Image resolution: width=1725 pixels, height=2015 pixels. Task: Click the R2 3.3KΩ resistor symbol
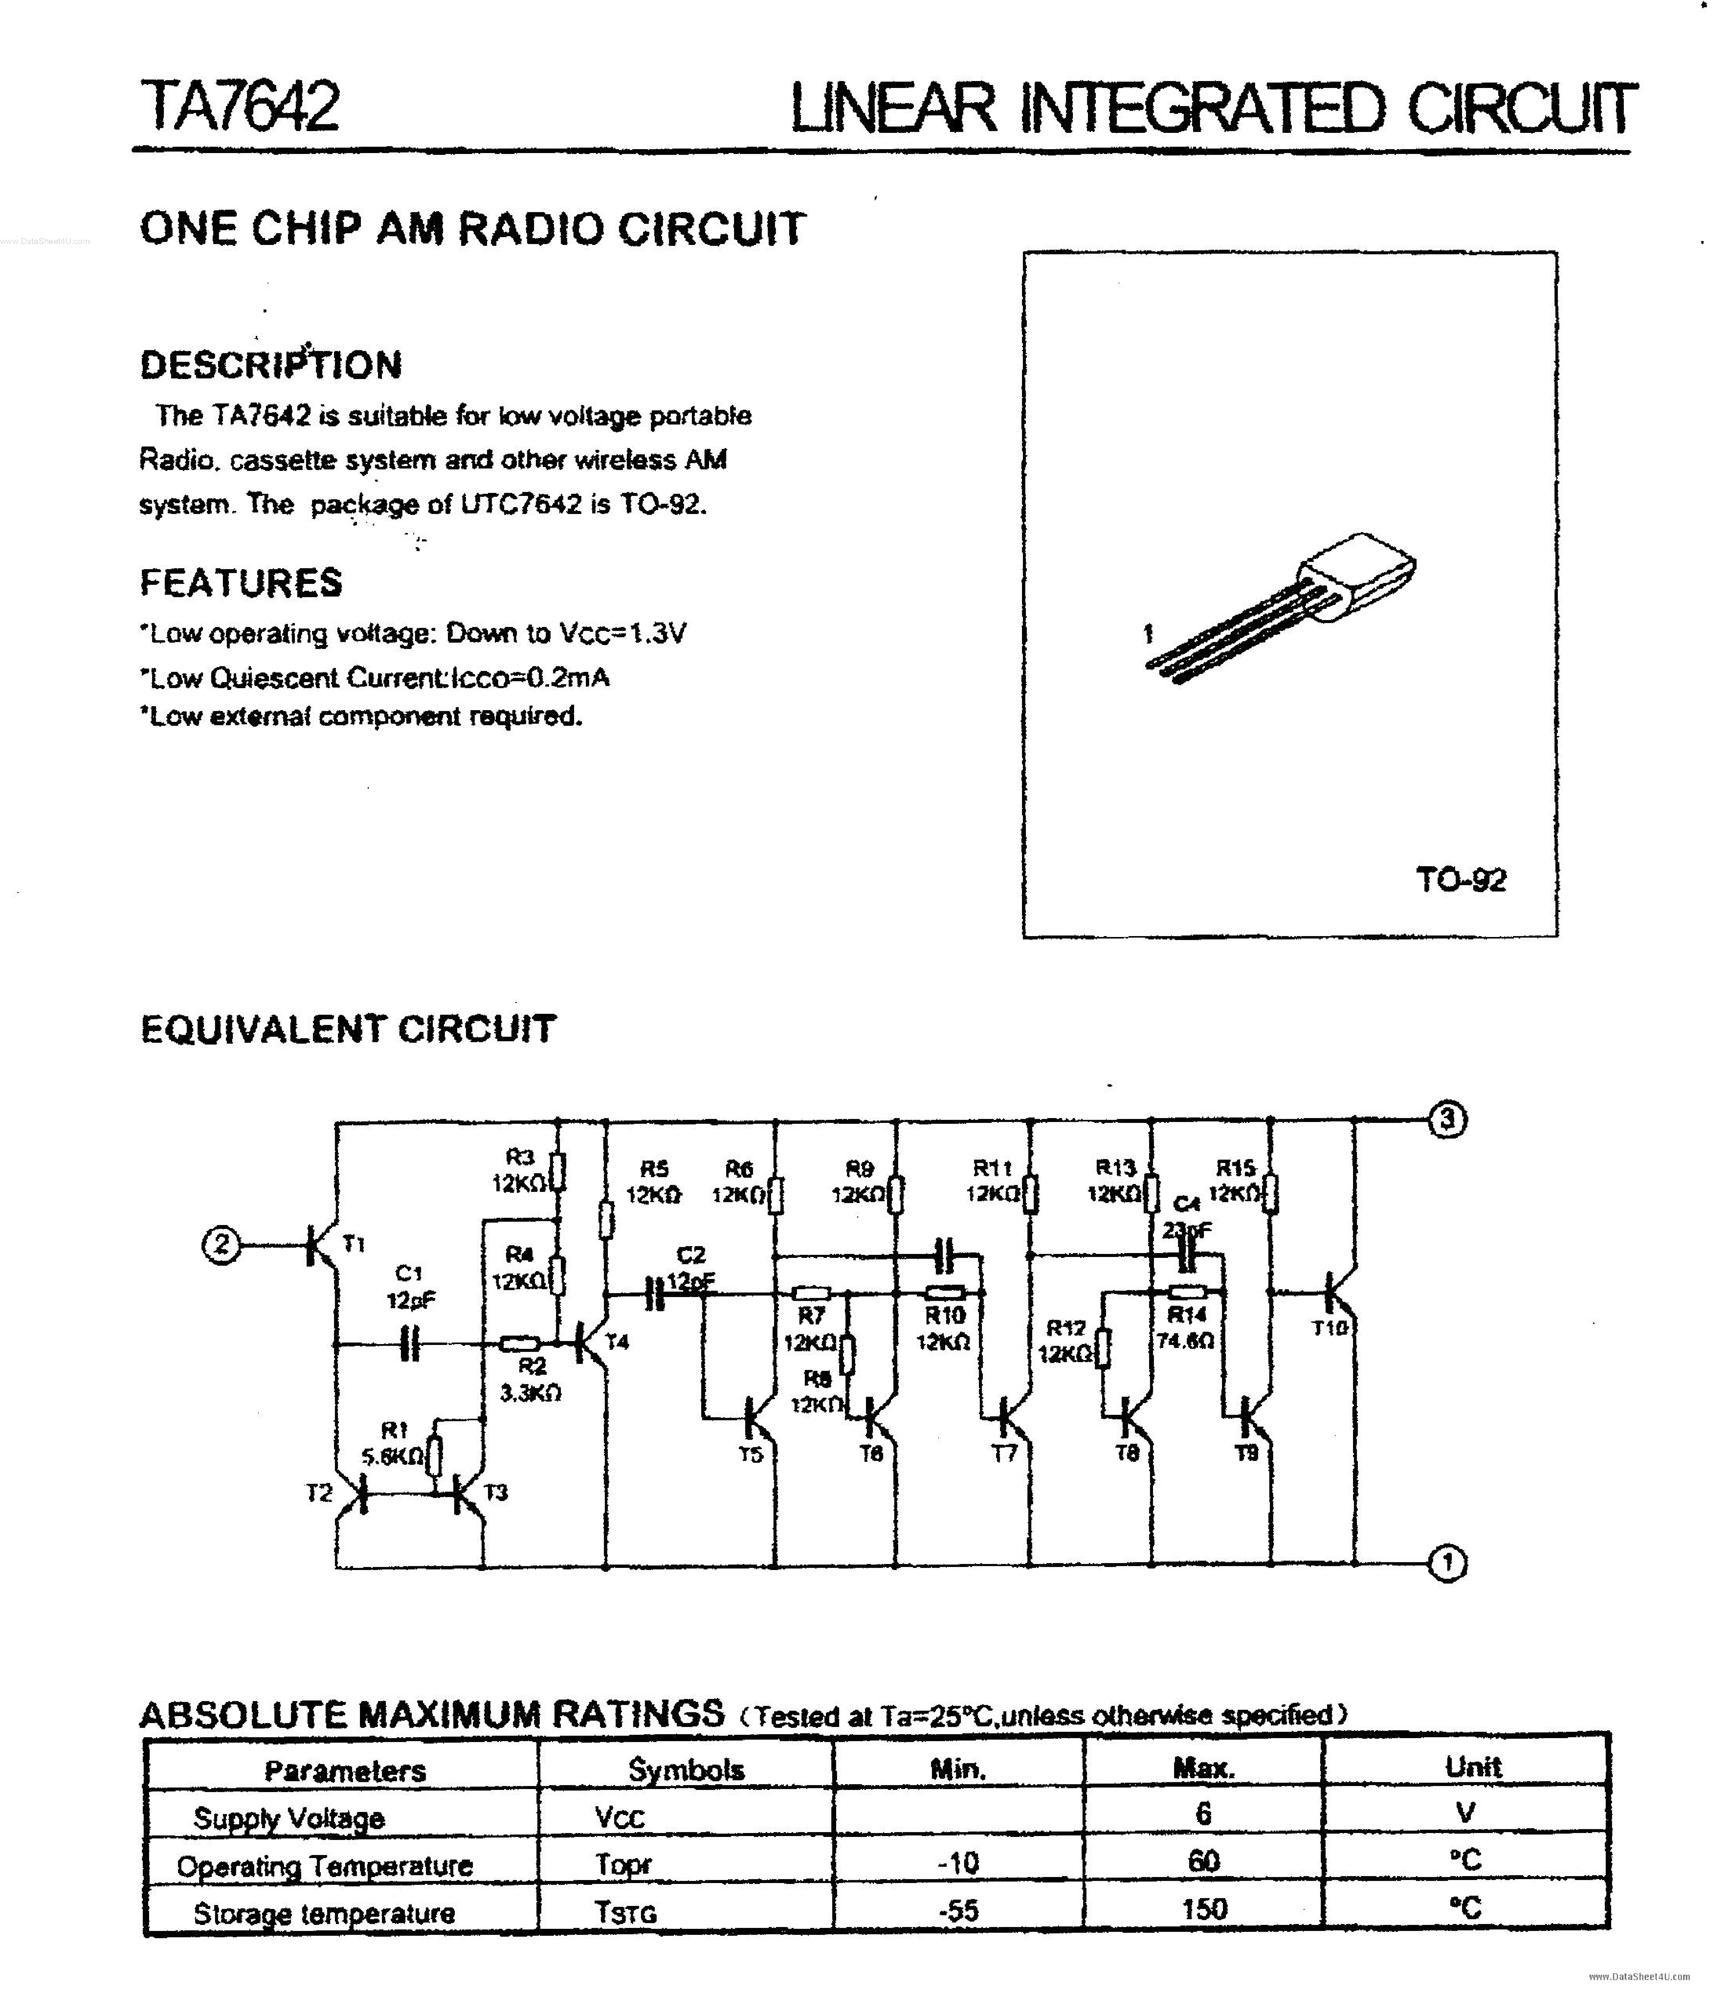pyautogui.click(x=520, y=1345)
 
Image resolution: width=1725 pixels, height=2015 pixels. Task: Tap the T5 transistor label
pyautogui.click(x=750, y=1456)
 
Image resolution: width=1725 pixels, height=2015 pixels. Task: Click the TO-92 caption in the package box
pyautogui.click(x=1461, y=880)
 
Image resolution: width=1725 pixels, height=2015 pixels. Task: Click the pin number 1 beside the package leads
pyautogui.click(x=1147, y=634)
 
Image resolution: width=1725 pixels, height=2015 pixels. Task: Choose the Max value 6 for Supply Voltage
pyautogui.click(x=1204, y=1813)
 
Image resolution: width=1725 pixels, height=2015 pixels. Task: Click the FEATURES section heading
pyautogui.click(x=241, y=582)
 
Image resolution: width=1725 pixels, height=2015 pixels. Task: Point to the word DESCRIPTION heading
pyautogui.click(x=270, y=365)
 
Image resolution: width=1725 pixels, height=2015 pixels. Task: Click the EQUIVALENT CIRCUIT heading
pyautogui.click(x=348, y=1029)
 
